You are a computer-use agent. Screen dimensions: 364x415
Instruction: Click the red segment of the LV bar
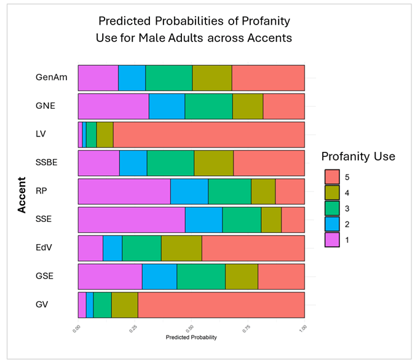pos(209,134)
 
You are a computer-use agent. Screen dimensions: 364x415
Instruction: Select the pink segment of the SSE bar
pos(131,220)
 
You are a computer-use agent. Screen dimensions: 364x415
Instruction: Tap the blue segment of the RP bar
pos(189,191)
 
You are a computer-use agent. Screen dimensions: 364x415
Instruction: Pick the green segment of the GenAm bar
pos(168,77)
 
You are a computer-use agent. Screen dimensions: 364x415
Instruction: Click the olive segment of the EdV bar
pos(181,248)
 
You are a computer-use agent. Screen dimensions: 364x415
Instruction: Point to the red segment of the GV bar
pos(221,304)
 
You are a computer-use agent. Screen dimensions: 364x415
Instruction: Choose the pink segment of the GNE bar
pos(113,106)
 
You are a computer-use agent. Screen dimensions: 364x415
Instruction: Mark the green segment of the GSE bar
pos(201,276)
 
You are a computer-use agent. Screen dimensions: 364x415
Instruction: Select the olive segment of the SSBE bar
pos(213,163)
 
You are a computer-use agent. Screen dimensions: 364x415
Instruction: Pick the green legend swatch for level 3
pos(332,209)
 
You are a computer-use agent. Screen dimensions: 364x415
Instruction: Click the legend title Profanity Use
pos(358,156)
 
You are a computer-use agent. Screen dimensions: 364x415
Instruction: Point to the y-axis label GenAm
pos(51,77)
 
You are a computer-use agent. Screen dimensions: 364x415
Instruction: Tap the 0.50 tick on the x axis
pos(191,329)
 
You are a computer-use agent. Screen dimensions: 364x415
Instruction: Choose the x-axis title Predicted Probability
pos(191,337)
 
